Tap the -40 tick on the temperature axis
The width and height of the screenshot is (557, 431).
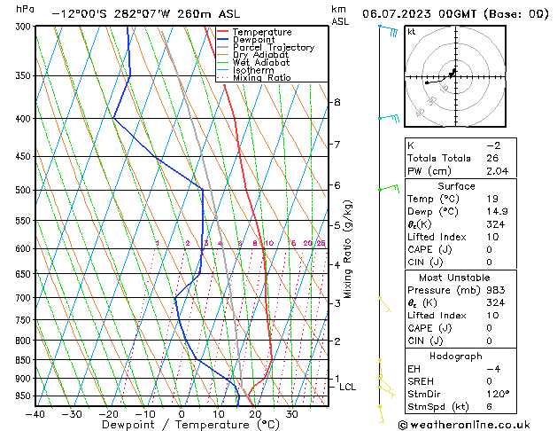pos(35,413)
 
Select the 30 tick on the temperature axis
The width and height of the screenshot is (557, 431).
pos(291,413)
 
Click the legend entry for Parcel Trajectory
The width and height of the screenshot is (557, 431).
pos(273,48)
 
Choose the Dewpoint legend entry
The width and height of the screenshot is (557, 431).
pos(252,40)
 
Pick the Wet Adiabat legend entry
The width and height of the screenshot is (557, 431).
pos(259,63)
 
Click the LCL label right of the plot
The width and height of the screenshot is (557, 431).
pos(347,387)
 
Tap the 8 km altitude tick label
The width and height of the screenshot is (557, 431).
pos(337,102)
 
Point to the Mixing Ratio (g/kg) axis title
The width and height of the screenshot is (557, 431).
pos(348,249)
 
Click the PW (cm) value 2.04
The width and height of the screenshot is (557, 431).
pos(501,170)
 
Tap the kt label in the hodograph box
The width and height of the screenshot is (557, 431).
pos(411,31)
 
